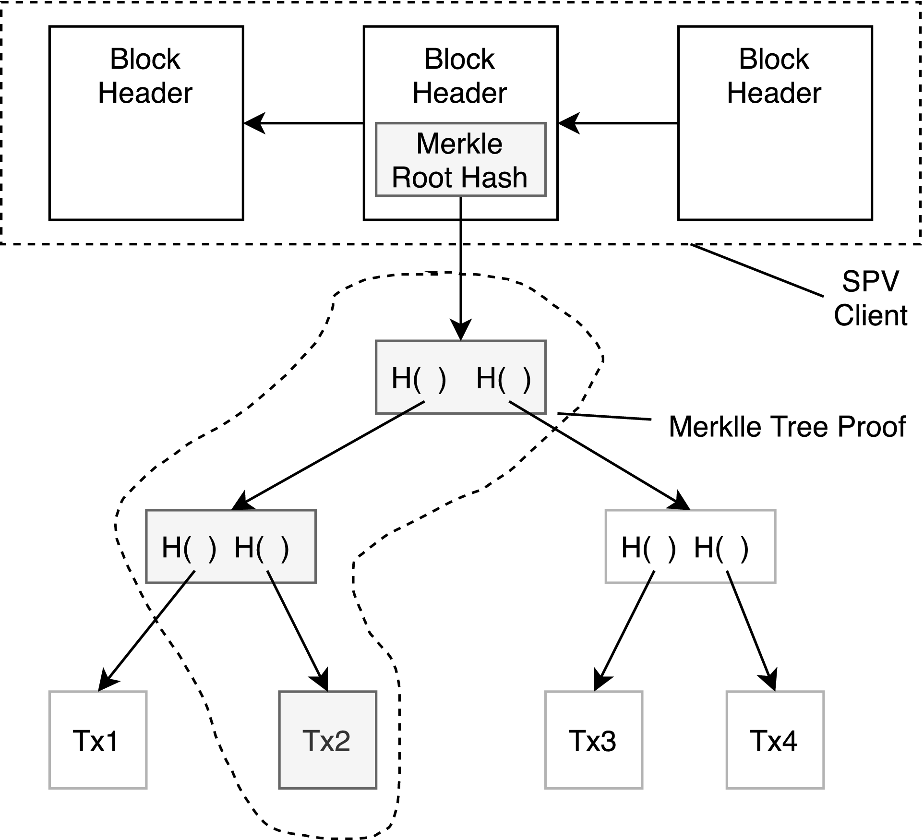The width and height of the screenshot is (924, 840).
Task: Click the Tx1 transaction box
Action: [97, 740]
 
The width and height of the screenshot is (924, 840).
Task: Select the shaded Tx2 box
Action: [327, 740]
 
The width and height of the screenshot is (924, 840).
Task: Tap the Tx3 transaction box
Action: [593, 740]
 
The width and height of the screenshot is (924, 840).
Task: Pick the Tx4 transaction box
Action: [775, 740]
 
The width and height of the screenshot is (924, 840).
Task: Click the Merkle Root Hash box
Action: [460, 160]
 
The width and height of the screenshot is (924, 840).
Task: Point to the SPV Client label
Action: [870, 298]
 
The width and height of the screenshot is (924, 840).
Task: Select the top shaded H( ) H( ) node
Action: [460, 377]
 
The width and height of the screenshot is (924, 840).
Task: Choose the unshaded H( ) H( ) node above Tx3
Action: [690, 546]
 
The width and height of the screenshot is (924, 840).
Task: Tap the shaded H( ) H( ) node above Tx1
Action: [231, 546]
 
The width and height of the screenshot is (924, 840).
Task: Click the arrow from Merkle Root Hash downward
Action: [461, 269]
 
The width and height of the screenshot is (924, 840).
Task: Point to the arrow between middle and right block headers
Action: [618, 123]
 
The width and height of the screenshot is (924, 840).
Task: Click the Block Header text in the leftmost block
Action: [145, 76]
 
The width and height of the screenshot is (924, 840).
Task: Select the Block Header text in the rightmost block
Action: [774, 76]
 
